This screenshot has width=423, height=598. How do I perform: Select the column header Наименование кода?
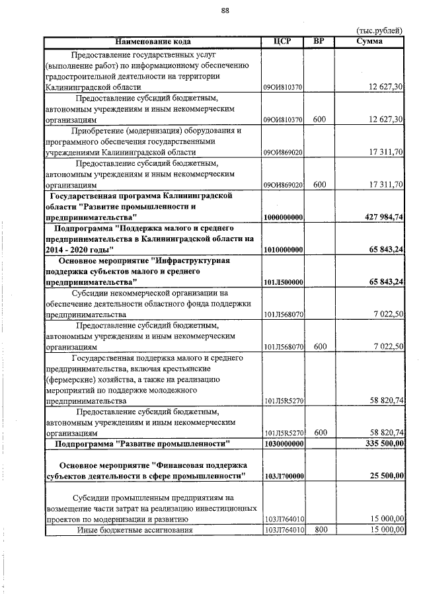(x=153, y=42)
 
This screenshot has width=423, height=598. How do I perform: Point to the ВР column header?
(x=319, y=42)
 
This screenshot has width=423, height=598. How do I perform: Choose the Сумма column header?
(x=369, y=42)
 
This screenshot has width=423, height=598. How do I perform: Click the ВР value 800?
(x=319, y=529)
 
